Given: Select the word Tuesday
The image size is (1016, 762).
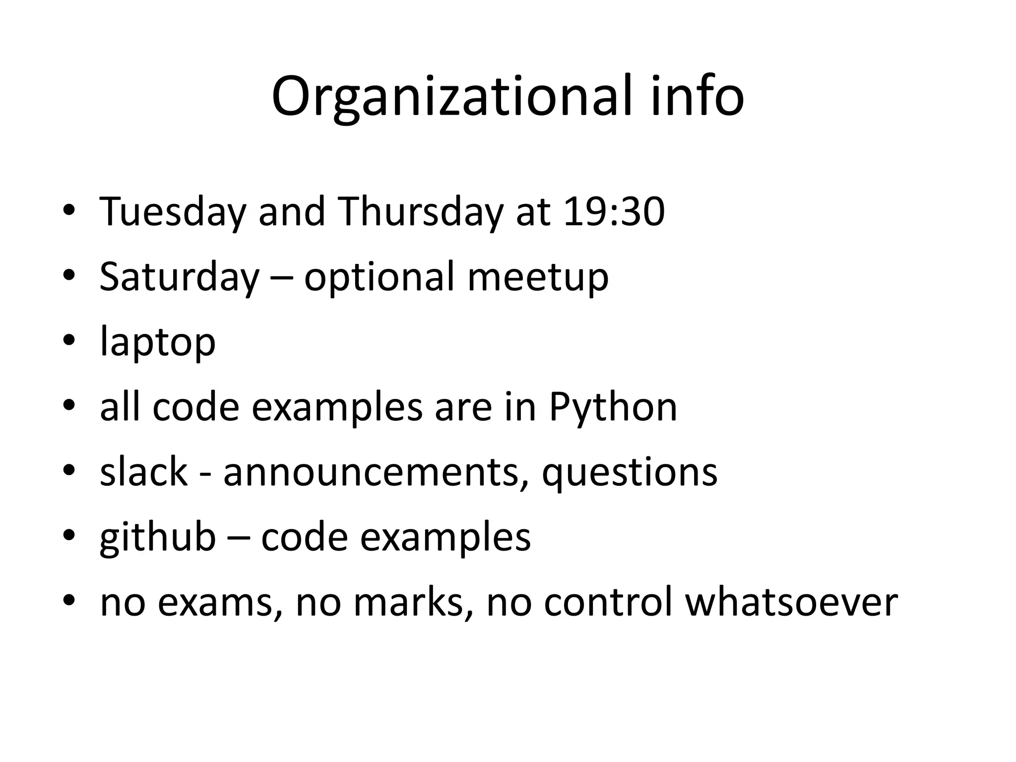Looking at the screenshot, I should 173,212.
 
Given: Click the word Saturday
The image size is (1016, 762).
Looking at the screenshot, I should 179,277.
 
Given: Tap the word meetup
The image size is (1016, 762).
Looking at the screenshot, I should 538,278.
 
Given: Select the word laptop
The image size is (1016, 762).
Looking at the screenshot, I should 158,343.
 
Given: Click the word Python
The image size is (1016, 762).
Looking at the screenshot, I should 613,408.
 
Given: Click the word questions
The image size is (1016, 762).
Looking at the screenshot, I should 629,473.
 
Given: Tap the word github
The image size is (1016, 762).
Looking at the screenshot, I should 158,537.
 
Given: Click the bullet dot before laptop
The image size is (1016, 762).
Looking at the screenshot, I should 69,340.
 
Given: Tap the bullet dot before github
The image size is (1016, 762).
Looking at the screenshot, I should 69,536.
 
